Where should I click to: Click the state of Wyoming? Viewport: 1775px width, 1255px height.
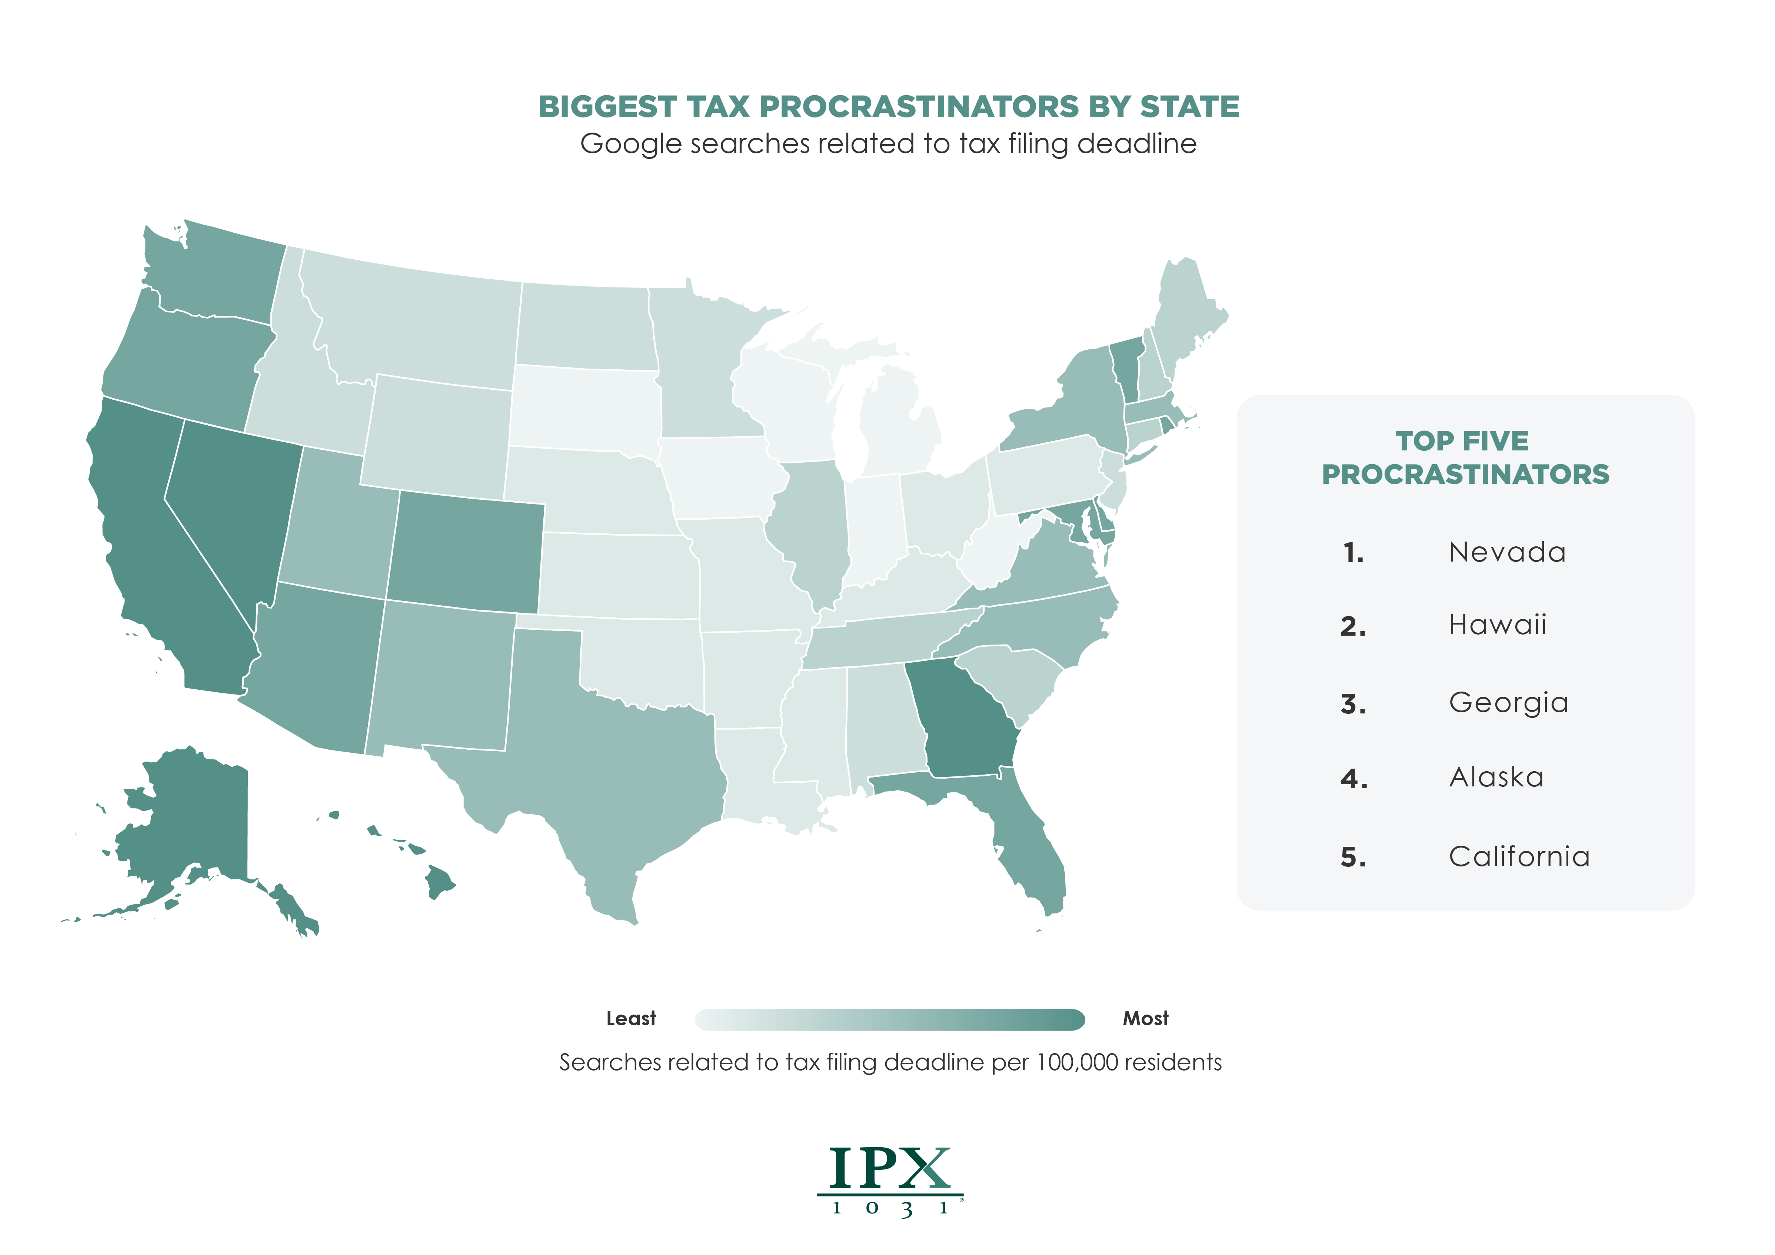tap(437, 437)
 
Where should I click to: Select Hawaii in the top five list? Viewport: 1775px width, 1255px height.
tap(1498, 625)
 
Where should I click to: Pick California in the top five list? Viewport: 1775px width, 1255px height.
tap(1519, 857)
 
